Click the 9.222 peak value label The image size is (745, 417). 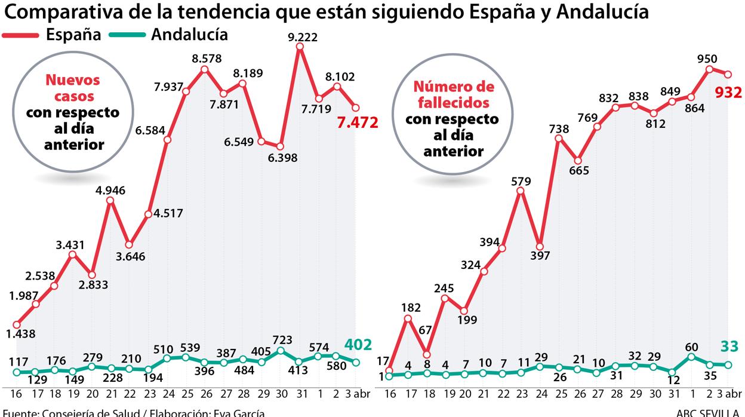[x=303, y=37]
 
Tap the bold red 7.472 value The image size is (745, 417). [x=357, y=123]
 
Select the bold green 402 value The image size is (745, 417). [x=358, y=345]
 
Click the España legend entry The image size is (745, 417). [x=73, y=35]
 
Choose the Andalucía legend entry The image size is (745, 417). [x=189, y=35]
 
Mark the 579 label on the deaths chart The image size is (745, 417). [x=521, y=180]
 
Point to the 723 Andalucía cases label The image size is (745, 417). [x=282, y=339]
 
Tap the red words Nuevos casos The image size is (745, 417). [x=73, y=88]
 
